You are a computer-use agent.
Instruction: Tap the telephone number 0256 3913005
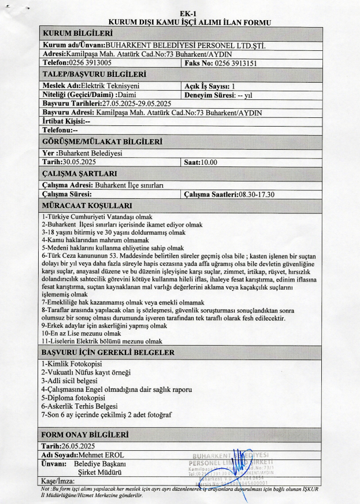tap(90, 62)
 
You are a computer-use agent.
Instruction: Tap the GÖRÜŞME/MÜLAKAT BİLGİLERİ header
tap(102, 141)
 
